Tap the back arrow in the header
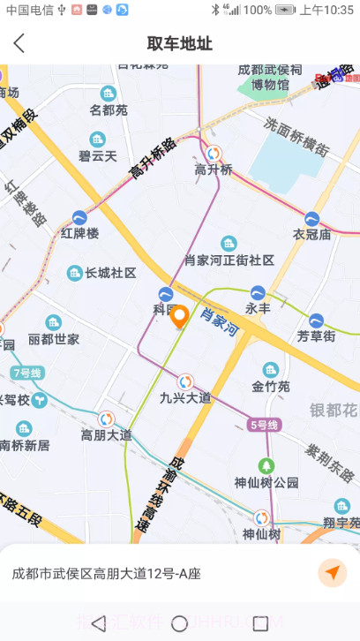click(19, 43)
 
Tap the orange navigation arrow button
click(332, 573)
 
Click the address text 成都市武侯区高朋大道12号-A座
click(106, 574)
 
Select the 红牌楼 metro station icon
click(80, 216)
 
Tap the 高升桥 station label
click(214, 170)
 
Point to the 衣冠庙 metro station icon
click(311, 218)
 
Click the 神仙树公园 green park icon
click(266, 465)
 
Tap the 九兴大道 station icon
click(185, 381)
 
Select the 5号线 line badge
click(263, 426)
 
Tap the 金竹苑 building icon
click(271, 369)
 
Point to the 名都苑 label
click(109, 110)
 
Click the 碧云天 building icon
click(98, 140)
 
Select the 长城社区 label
click(110, 274)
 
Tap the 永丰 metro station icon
click(258, 292)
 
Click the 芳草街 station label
click(316, 336)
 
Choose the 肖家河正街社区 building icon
click(229, 243)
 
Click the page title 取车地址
click(180, 43)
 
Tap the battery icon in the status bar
click(285, 10)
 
